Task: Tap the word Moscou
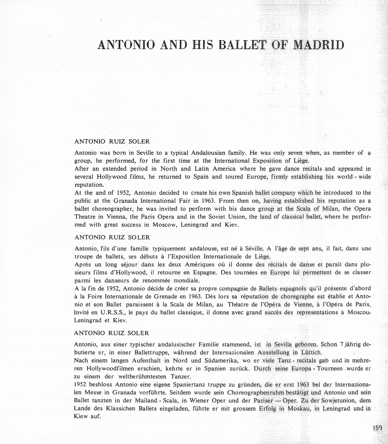(x=359, y=313)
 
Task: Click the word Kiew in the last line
(x=82, y=417)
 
